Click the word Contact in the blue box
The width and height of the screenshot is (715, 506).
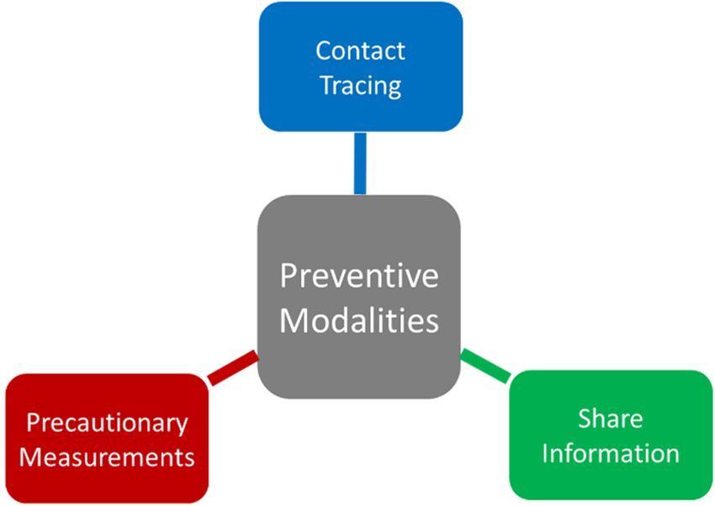pos(360,50)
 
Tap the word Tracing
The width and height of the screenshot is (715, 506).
pos(361,86)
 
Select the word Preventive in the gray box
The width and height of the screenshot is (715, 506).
pos(359,276)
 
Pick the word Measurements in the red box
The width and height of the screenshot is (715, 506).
pos(107,456)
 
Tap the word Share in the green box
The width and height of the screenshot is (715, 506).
pos(611,419)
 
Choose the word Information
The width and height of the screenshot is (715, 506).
pos(611,454)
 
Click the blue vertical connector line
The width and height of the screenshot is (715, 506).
pos(360,164)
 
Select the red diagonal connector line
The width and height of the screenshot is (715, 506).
pos(233,367)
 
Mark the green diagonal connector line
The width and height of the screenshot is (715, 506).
pos(485,366)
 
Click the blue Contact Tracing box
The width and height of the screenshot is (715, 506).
pos(361,66)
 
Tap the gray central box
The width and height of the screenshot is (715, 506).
pos(359,297)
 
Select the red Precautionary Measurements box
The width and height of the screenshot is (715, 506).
pos(107,439)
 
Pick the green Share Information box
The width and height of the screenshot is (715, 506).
pos(611,435)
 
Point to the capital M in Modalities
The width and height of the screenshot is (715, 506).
pos(293,320)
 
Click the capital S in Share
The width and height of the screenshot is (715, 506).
pos(585,419)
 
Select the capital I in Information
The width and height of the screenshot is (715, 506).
pos(544,454)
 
